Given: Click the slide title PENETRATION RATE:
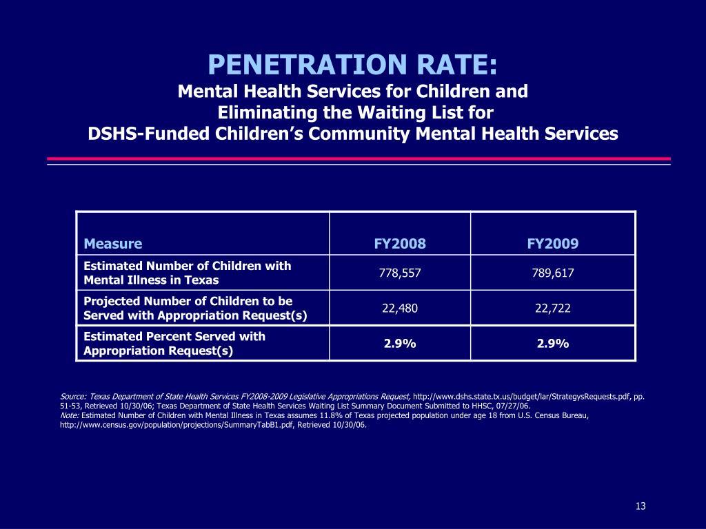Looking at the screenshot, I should (352, 66).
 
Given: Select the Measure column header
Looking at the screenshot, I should (113, 244).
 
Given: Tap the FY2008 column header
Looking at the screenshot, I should (400, 244).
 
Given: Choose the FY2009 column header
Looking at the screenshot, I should (553, 244).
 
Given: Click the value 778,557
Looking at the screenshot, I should (400, 273).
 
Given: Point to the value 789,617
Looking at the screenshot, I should (553, 273).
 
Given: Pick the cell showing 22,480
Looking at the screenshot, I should (400, 309).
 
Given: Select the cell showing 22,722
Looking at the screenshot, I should (553, 309).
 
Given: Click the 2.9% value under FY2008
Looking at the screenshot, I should (400, 344).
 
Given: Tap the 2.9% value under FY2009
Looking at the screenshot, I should (553, 344).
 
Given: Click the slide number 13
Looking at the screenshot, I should (641, 507).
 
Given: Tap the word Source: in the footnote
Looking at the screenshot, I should (72, 397).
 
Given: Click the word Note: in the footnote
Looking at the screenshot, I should (70, 416).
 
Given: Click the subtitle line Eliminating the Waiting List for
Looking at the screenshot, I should (356, 112).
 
